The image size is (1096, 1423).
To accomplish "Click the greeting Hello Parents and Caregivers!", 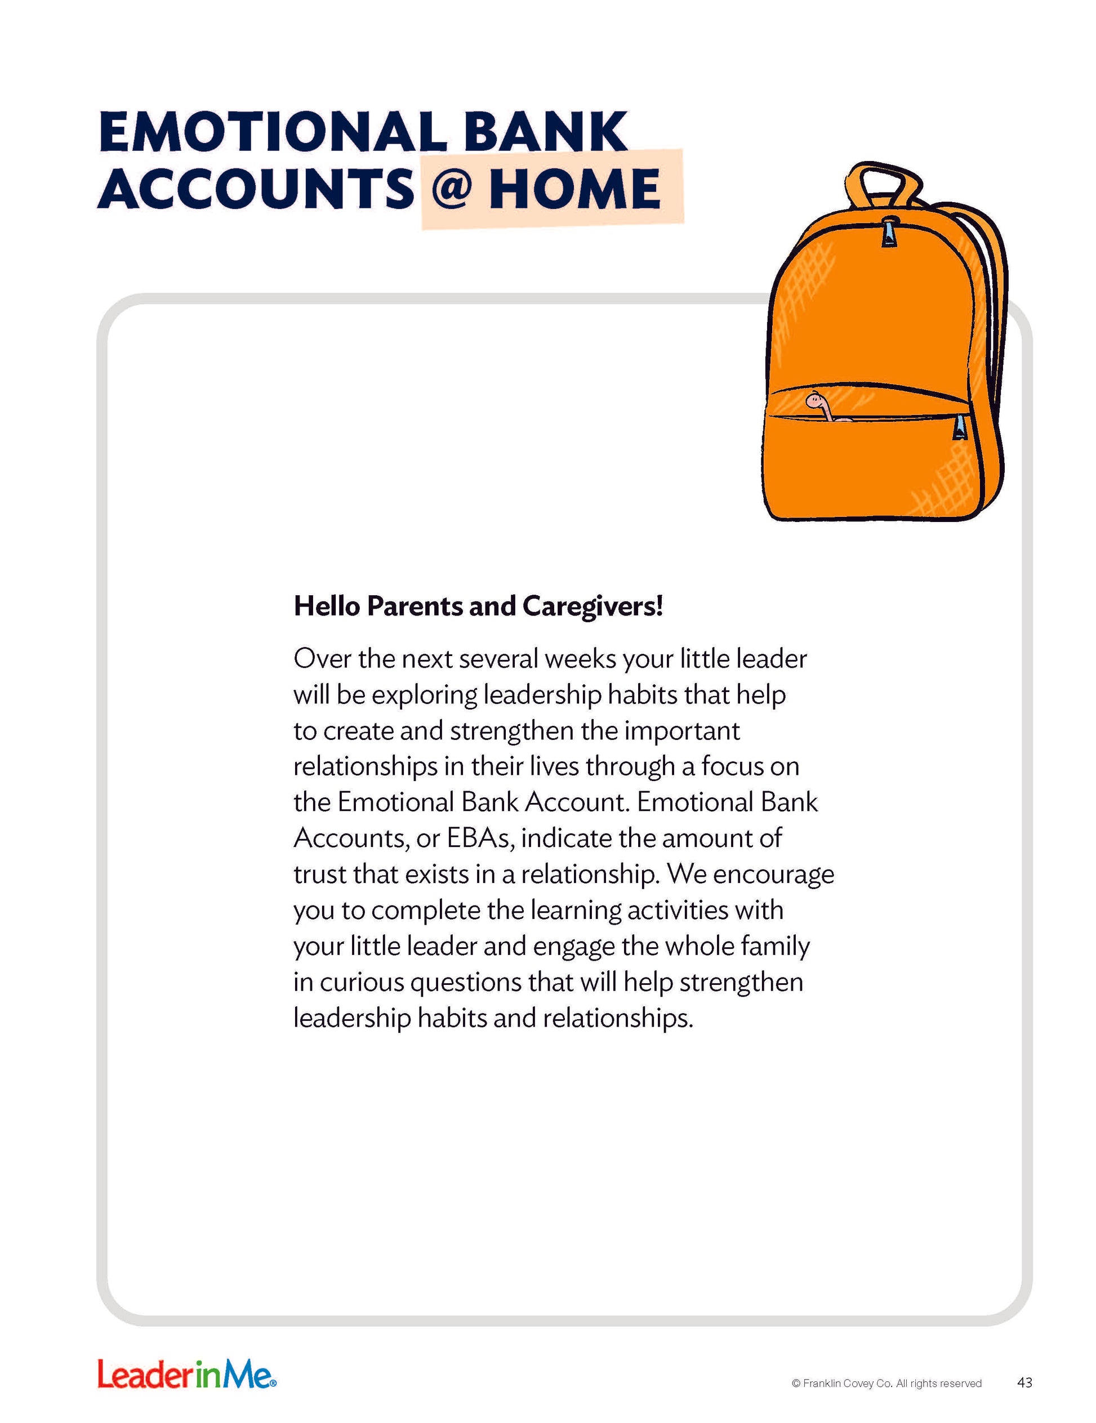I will point(478,606).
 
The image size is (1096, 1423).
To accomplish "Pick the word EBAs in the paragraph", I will point(481,838).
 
